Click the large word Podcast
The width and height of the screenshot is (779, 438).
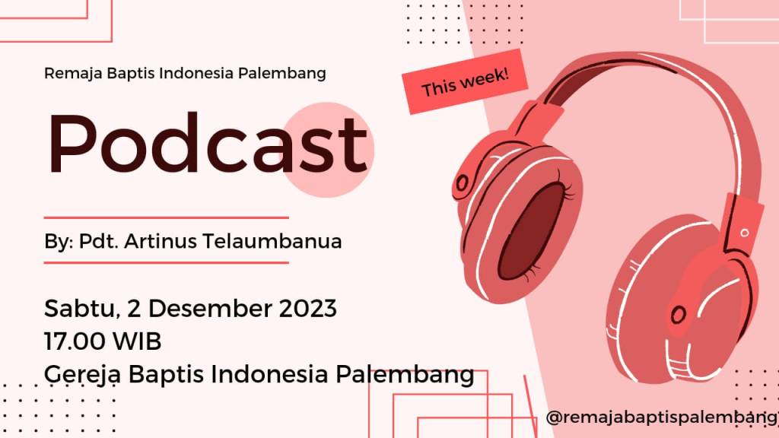pyautogui.click(x=208, y=143)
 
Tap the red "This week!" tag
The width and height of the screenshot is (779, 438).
pyautogui.click(x=465, y=81)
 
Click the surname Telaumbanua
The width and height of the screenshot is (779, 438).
pyautogui.click(x=272, y=241)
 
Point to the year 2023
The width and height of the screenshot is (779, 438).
pyautogui.click(x=307, y=309)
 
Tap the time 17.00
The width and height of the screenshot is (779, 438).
pyautogui.click(x=75, y=341)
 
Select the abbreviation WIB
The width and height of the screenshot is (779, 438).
pyautogui.click(x=137, y=341)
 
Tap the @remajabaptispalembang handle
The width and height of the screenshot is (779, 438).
pyautogui.click(x=663, y=417)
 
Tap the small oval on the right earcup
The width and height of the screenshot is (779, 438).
pyautogui.click(x=679, y=314)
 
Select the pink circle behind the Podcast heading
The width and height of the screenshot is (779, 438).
pyautogui.click(x=327, y=150)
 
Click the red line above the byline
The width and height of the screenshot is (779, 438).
pyautogui.click(x=167, y=217)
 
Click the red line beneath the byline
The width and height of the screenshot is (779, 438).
pyautogui.click(x=167, y=262)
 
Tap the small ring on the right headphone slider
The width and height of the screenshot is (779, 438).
pyautogui.click(x=744, y=233)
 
